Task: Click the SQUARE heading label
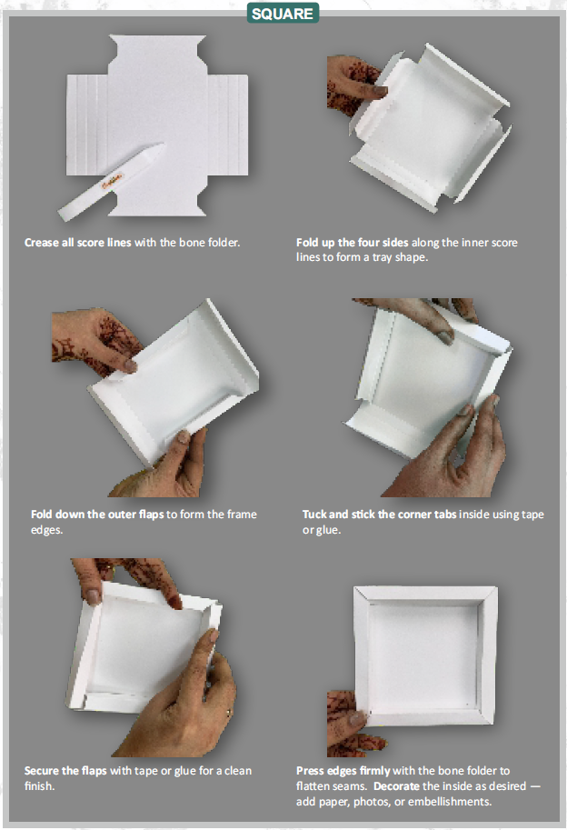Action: click(282, 14)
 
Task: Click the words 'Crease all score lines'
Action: click(78, 243)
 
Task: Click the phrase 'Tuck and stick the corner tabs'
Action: click(380, 515)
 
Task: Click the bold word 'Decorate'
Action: click(426, 785)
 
